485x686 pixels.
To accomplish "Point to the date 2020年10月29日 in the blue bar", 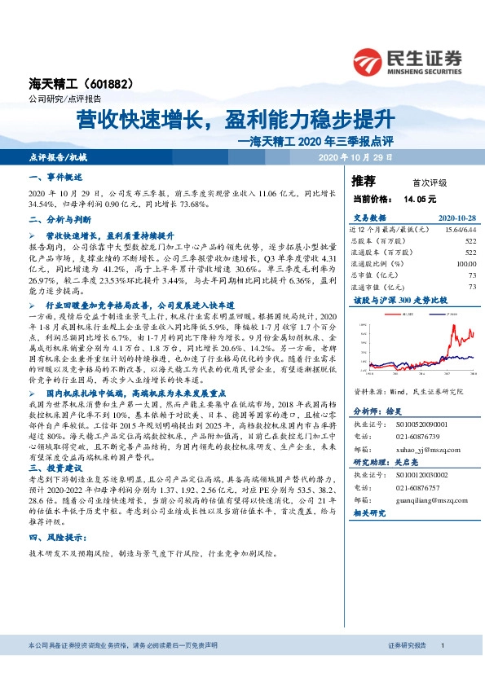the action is pyautogui.click(x=356, y=156).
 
